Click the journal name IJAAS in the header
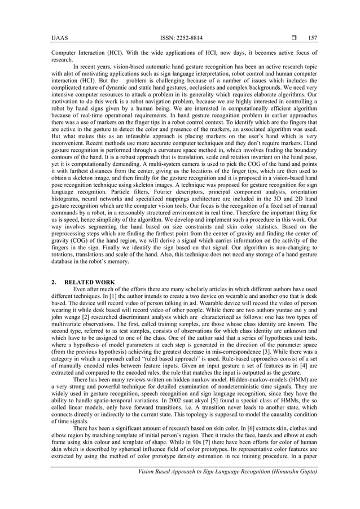tap(58, 38)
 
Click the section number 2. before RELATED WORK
tap(54, 282)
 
